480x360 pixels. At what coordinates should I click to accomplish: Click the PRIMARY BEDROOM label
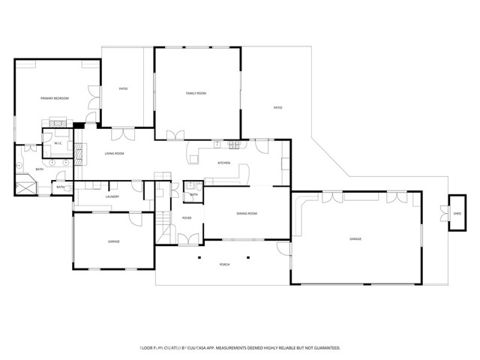point(55,98)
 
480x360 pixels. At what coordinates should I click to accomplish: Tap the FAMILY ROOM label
point(196,93)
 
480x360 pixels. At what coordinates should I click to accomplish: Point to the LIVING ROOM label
point(114,154)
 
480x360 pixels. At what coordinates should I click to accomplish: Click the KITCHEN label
point(223,163)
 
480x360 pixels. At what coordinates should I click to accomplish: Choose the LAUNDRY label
point(112,196)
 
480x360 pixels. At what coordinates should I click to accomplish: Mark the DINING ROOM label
point(247,214)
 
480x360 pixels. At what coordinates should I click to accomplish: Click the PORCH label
point(224,265)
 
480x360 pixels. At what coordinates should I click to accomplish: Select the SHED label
point(457,214)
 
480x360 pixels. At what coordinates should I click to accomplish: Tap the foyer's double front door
point(187,238)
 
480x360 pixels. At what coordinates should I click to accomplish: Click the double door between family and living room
point(175,136)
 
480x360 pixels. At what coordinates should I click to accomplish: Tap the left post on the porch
point(200,257)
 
